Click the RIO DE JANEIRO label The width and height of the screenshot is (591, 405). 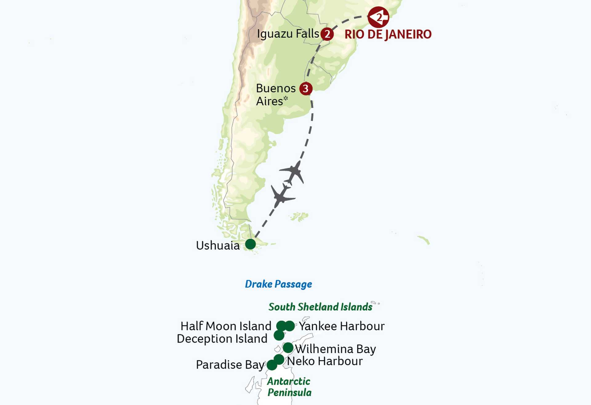tap(388, 34)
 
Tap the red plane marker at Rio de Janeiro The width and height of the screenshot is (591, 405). tap(378, 17)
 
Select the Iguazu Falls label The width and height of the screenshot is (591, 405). tap(288, 34)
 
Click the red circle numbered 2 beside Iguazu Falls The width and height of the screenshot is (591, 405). tap(327, 34)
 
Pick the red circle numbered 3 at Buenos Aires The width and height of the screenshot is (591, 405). tap(306, 89)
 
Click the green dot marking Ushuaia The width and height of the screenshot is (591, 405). tap(251, 244)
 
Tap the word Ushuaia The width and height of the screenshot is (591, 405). tap(218, 245)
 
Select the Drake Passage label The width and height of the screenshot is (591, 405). tap(278, 284)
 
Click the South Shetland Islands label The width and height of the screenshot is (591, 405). tap(320, 307)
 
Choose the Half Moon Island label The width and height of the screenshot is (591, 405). tap(226, 326)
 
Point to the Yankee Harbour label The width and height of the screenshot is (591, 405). tap(342, 326)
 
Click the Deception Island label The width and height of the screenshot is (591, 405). tap(222, 338)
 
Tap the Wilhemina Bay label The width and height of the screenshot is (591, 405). tap(336, 349)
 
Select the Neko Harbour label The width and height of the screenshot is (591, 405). tap(325, 361)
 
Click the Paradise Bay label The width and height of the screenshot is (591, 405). tap(230, 365)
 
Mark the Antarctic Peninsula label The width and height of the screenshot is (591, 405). tap(289, 387)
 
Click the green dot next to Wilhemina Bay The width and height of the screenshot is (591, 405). tap(288, 348)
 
